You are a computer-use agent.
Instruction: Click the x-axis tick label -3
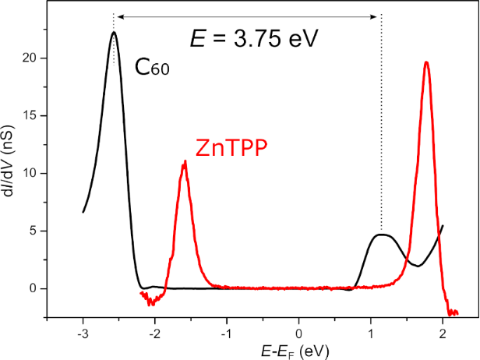82,334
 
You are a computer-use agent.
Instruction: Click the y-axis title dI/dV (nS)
11,165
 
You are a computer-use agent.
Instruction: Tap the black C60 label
152,68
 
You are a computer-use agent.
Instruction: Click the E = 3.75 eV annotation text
254,38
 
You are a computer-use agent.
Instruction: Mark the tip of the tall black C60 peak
114,32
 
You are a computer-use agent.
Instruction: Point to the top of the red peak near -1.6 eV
185,161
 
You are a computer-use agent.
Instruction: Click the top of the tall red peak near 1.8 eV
426,62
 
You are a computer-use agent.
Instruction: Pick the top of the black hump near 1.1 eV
381,234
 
